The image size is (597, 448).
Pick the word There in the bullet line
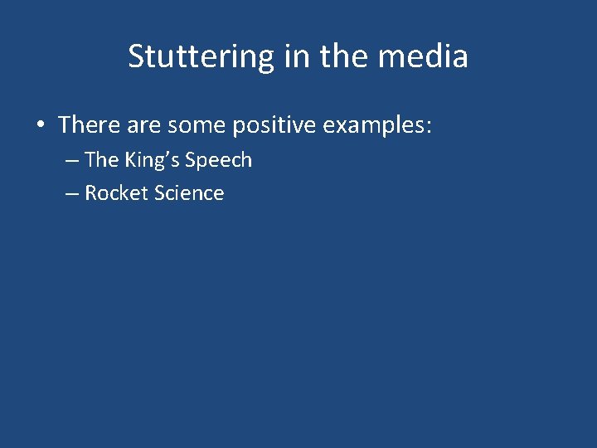point(89,125)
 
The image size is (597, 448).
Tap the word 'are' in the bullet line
point(143,126)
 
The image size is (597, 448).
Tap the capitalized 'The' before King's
point(102,159)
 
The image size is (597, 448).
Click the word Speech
point(218,160)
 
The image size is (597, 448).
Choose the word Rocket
point(115,193)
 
